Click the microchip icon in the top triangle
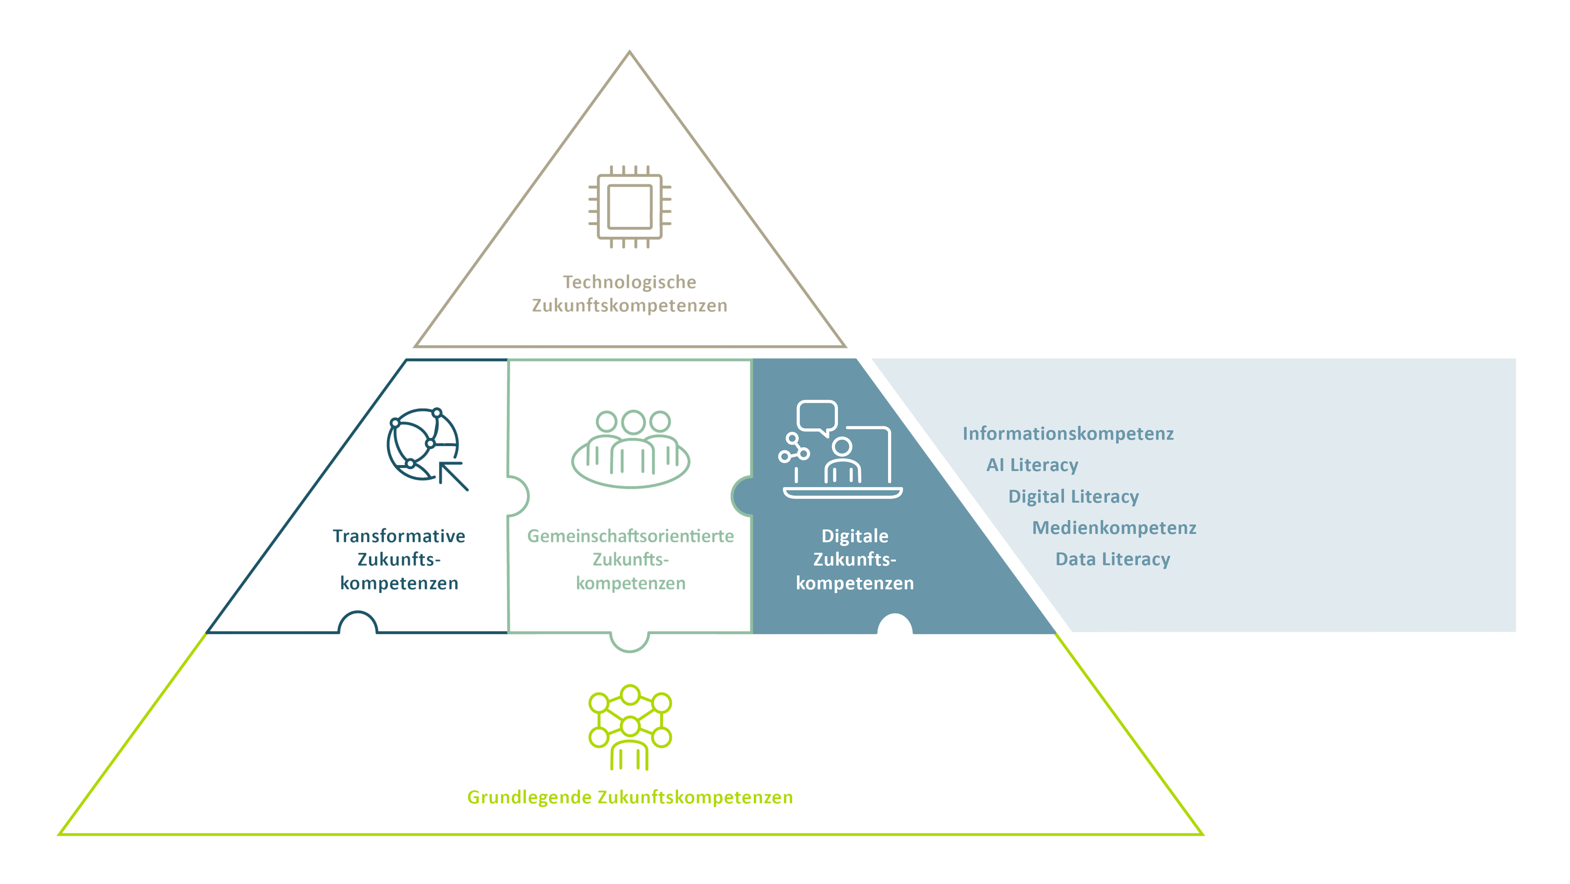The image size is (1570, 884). click(630, 206)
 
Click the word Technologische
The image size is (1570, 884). click(629, 282)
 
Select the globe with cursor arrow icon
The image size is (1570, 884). click(425, 447)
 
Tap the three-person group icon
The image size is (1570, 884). click(631, 448)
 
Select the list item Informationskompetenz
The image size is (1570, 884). click(1068, 433)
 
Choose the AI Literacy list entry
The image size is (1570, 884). click(1032, 465)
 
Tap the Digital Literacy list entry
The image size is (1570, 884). click(1073, 497)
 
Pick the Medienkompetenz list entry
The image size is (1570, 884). click(1114, 528)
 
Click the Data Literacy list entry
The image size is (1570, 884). click(1113, 560)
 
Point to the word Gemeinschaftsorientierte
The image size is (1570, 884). click(630, 537)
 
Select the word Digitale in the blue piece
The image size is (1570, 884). click(855, 537)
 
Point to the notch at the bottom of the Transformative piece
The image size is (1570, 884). click(358, 624)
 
